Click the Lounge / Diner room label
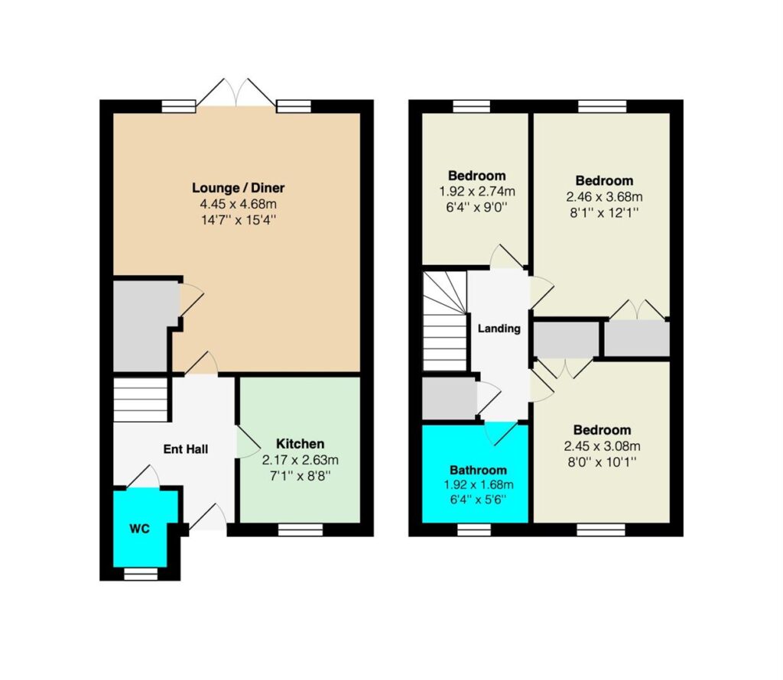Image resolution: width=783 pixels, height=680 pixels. pos(239,188)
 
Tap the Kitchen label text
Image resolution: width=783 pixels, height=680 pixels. pos(300,443)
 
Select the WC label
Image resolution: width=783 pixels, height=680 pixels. pos(140,529)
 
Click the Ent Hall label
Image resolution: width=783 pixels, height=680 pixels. pos(186,449)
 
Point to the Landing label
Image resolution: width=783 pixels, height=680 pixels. pos(499,329)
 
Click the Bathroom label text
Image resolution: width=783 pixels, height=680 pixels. pos(478,470)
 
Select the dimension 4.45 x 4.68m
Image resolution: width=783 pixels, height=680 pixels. pos(239,204)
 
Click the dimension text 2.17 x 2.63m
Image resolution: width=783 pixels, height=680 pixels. pos(300,459)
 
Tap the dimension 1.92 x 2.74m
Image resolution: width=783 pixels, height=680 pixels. pos(477,191)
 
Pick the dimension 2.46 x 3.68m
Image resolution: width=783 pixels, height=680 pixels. pos(604,196)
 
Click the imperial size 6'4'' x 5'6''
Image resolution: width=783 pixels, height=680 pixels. pos(478,500)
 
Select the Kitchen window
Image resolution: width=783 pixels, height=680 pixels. pos(300,529)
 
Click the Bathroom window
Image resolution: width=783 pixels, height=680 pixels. pos(474,529)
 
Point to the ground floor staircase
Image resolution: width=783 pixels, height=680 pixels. pos(141,400)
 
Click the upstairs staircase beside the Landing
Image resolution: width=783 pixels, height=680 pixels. pos(445,321)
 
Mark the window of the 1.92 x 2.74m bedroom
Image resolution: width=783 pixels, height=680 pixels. pos(471,106)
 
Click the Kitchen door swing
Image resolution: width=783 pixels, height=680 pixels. pos(248,442)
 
